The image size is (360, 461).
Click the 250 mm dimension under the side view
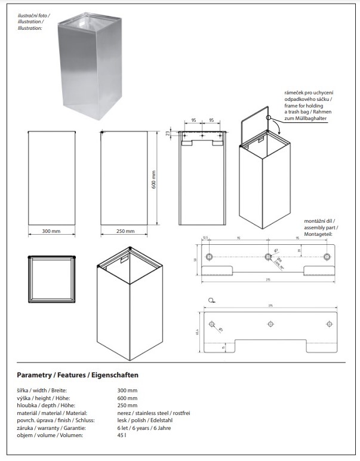125,231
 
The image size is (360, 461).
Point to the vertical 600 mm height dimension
154,180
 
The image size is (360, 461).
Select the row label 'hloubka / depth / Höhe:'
41,405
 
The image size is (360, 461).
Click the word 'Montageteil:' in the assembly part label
318,234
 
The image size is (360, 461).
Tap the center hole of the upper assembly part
267,257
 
